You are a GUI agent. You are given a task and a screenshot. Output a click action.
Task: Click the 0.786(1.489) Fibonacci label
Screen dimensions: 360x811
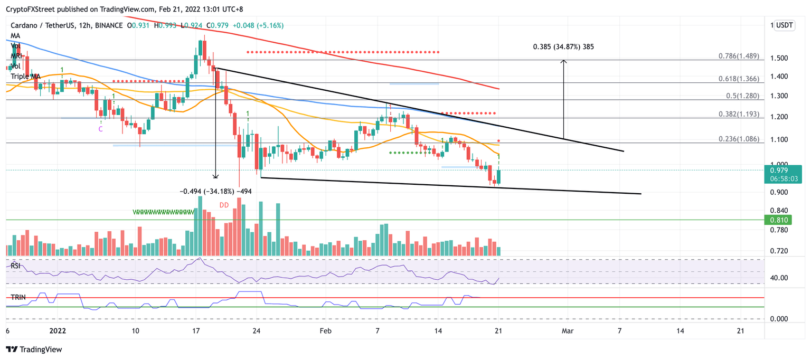click(739, 56)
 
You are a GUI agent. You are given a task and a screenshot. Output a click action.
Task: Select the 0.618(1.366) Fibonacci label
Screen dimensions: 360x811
click(739, 78)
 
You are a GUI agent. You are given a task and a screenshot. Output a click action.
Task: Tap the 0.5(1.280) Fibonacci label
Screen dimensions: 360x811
click(742, 96)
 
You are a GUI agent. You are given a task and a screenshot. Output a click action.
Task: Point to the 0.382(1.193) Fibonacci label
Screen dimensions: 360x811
click(739, 114)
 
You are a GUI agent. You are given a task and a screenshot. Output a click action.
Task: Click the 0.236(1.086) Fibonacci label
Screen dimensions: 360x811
click(739, 139)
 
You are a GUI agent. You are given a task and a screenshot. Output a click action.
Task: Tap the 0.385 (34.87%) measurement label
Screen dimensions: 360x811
click(563, 46)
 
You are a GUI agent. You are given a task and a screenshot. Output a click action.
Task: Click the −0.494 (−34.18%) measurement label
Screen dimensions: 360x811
click(215, 192)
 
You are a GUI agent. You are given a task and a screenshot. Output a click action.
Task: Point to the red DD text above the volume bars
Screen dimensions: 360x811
click(224, 205)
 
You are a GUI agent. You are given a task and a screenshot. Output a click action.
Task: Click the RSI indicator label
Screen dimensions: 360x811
click(16, 266)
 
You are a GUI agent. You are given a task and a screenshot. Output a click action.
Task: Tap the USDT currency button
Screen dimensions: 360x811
click(784, 25)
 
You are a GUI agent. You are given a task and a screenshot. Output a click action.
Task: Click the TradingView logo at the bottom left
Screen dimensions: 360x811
click(34, 349)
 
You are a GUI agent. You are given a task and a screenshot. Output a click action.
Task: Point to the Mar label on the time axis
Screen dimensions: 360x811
click(567, 331)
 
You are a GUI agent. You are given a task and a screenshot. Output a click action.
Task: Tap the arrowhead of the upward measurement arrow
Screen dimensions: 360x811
click(564, 61)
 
